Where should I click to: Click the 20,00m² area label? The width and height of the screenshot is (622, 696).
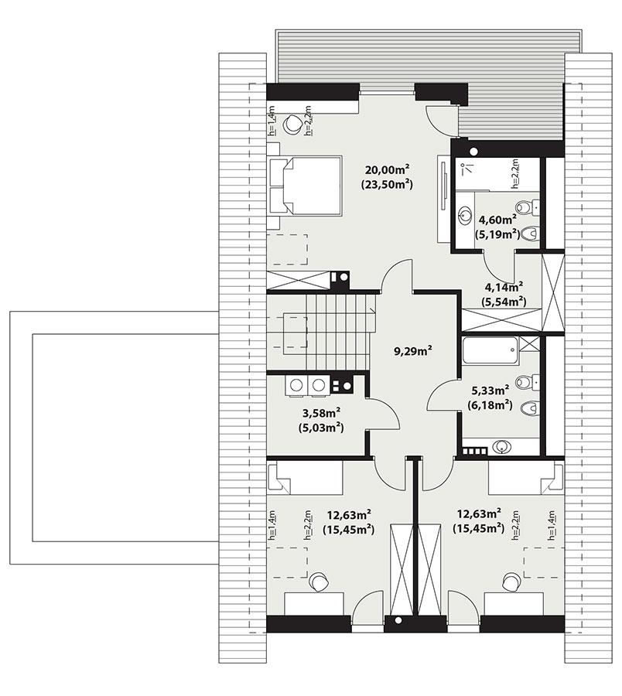388,170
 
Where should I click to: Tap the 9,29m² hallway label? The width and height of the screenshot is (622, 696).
412,350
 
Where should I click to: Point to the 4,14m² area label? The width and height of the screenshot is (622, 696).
503,287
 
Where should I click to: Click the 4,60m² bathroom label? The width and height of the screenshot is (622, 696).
497,220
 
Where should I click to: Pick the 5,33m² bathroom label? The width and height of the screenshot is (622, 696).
490,390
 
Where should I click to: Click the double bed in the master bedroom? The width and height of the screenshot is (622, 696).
305,186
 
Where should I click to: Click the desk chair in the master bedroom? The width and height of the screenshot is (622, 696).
293,124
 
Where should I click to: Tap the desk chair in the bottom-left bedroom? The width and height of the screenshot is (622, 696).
318,581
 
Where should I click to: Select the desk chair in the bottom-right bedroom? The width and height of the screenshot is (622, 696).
511,581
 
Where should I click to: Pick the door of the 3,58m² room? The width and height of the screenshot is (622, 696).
384,413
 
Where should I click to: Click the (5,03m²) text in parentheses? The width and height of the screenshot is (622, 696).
320,426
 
